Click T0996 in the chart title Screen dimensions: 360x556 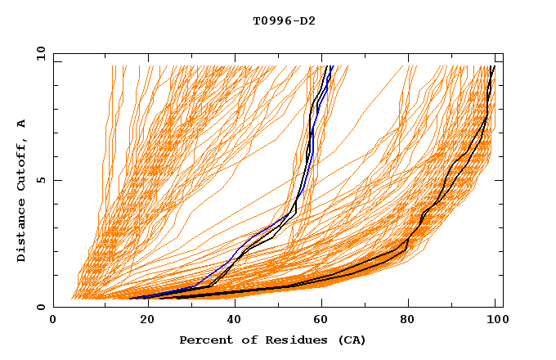(x=269, y=20)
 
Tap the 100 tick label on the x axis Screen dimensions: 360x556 (x=496, y=321)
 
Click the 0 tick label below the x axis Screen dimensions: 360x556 (x=54, y=321)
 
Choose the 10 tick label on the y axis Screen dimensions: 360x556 (x=38, y=53)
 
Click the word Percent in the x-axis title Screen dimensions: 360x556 (x=204, y=340)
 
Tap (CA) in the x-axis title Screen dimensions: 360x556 (x=349, y=340)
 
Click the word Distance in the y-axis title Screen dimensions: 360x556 (x=22, y=232)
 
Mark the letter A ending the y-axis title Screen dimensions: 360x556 (x=22, y=123)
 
